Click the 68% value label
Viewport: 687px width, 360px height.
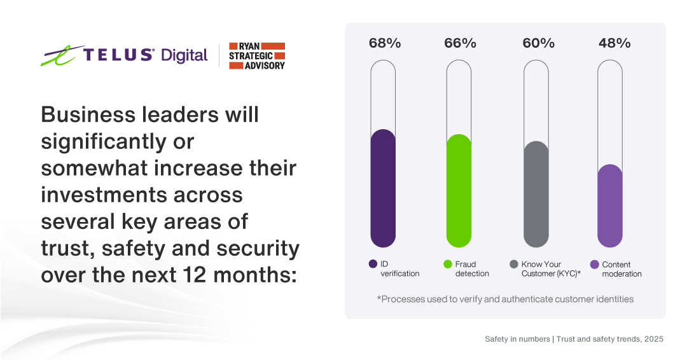385,43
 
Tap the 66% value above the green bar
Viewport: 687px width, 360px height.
460,43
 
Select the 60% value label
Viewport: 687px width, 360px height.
538,43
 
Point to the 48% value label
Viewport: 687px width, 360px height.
614,43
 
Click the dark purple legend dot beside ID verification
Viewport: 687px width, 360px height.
373,264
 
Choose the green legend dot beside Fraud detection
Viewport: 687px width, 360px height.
448,264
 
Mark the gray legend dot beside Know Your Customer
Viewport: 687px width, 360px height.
514,264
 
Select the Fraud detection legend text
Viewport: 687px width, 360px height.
472,269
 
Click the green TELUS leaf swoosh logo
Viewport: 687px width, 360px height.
59,56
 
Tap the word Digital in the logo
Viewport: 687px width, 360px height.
184,56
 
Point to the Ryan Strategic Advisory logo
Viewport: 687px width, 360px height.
256,56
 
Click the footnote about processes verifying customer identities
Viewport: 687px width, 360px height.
505,299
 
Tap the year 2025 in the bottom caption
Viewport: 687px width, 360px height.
653,339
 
